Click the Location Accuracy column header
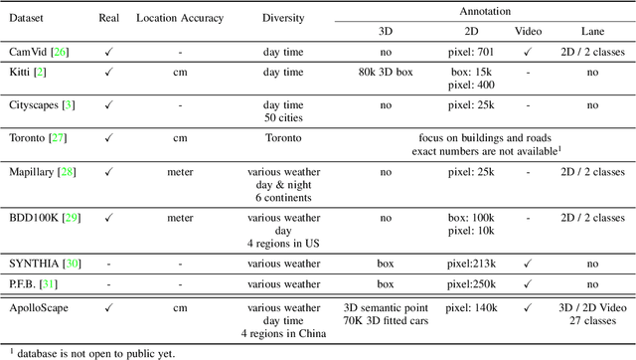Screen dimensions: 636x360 [180, 19]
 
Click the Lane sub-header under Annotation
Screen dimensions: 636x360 [591, 29]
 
